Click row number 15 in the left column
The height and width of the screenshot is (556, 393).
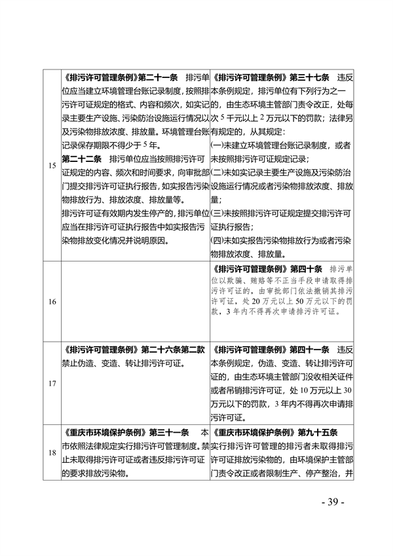[x=51, y=165]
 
